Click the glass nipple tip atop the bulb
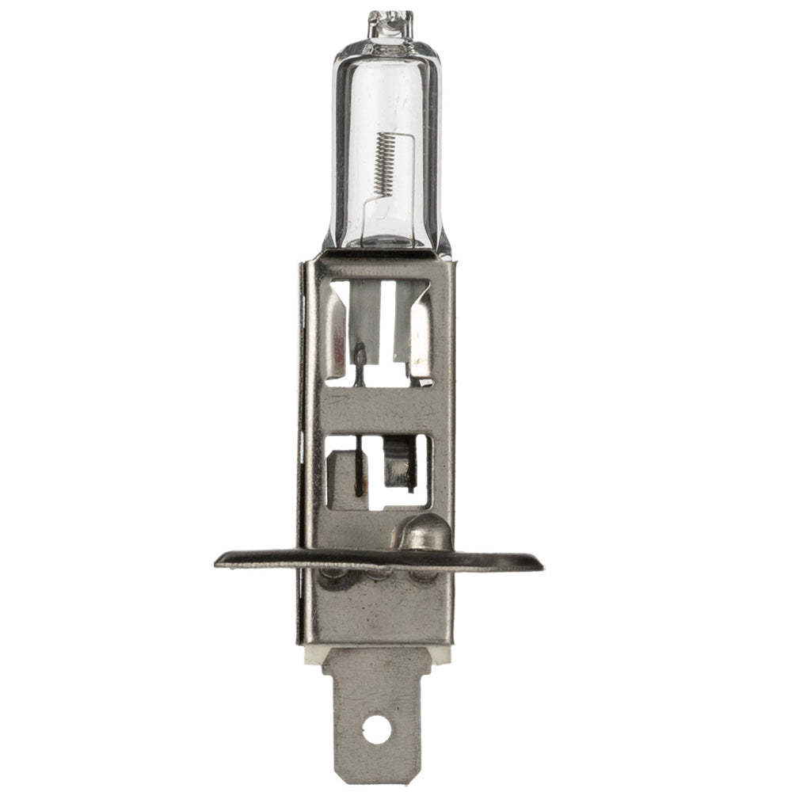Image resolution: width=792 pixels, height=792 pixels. pos(390,23)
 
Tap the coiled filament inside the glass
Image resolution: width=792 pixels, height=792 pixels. pos(383,163)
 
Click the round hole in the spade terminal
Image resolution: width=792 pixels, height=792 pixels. pos(377,729)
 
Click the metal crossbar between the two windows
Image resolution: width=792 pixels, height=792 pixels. pos(379,410)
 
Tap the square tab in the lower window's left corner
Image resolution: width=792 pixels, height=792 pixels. pos(341,475)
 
